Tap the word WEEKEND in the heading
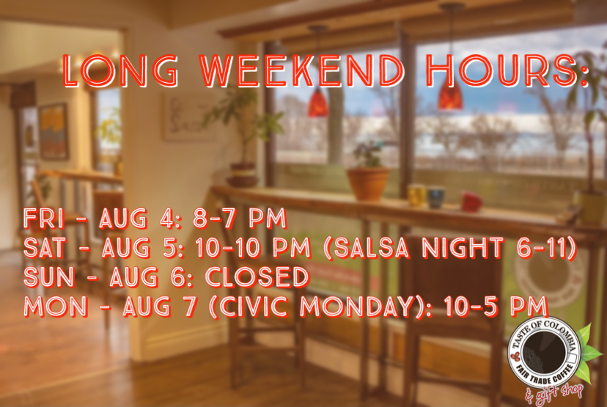point(302,71)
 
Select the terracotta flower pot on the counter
point(368,183)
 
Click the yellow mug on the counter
point(416,195)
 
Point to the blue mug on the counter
point(436,197)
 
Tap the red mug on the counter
point(471,201)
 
